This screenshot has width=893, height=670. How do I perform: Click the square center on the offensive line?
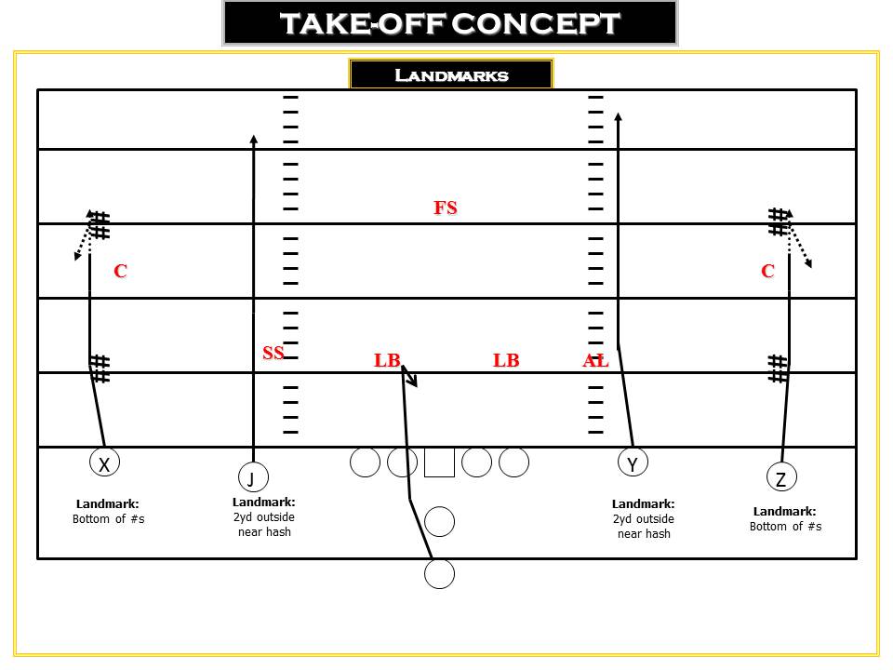[x=439, y=462]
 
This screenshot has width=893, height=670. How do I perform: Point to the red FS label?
[x=446, y=208]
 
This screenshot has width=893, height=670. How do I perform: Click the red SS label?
[x=273, y=353]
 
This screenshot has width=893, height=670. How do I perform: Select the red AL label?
[x=595, y=360]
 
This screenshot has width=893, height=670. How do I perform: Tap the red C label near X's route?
[x=120, y=271]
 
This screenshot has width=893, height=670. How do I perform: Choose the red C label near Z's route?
[x=767, y=271]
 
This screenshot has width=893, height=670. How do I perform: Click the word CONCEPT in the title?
[x=536, y=23]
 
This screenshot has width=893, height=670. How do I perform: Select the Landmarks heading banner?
[x=451, y=74]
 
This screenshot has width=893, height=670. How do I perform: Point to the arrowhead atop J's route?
[x=254, y=139]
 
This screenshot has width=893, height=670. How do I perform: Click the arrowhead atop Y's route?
[x=618, y=116]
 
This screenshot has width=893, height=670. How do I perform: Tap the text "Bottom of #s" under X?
[x=108, y=519]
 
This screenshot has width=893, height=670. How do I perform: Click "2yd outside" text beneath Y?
[x=644, y=519]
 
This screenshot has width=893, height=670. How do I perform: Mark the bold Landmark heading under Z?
[x=785, y=511]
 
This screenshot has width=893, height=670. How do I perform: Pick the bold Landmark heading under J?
[x=263, y=502]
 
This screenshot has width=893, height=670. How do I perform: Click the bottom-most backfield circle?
[x=439, y=574]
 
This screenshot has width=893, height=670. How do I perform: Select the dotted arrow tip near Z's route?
[x=808, y=263]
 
